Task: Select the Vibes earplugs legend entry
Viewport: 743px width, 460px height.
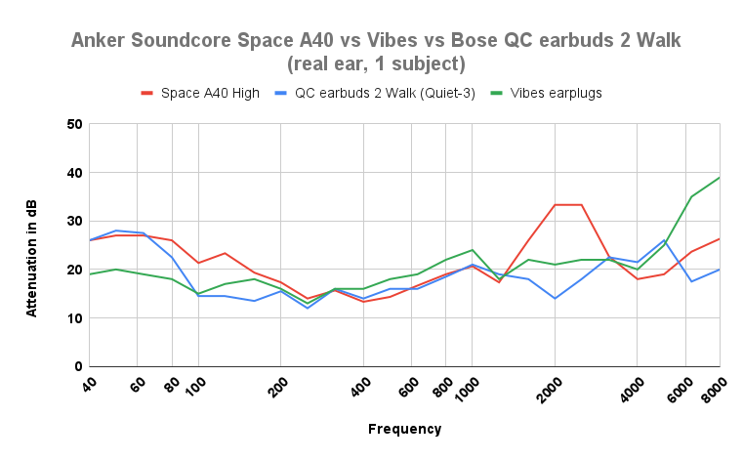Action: [x=553, y=93]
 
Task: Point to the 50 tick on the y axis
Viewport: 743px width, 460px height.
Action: [x=73, y=124]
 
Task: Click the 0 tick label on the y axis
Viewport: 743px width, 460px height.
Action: [x=77, y=366]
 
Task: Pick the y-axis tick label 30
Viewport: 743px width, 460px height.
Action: [x=73, y=221]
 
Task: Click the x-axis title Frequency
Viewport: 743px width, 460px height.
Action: [x=404, y=429]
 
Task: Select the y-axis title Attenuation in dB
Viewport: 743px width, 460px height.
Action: [x=31, y=245]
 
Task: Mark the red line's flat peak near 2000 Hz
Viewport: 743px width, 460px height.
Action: [x=568, y=205]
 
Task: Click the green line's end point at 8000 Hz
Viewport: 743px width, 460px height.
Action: [x=720, y=178]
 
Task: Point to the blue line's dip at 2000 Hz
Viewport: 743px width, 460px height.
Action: [x=555, y=298]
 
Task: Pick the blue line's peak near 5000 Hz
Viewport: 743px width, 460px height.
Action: [x=664, y=240]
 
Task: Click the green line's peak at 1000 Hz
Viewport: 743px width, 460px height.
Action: [x=473, y=250]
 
